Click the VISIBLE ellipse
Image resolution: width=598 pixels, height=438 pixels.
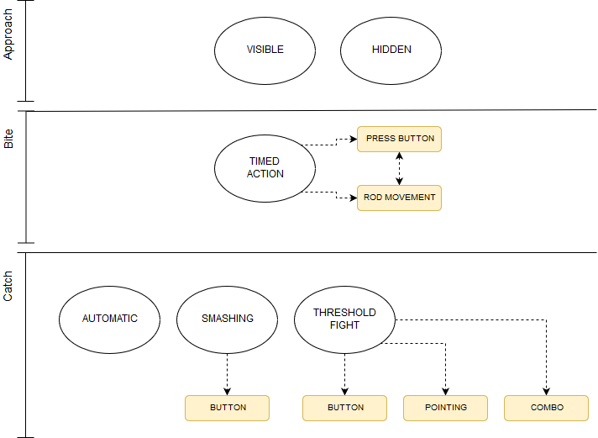[265, 50]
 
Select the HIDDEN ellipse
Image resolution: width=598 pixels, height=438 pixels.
[391, 50]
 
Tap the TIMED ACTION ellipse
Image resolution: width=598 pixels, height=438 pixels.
[265, 167]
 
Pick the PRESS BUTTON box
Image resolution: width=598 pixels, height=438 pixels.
[399, 139]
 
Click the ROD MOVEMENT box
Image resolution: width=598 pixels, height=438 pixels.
[399, 198]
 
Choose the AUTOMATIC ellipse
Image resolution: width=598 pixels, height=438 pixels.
[109, 319]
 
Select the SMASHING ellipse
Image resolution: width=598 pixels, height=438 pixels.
[227, 319]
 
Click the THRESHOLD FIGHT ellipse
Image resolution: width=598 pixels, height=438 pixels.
[344, 319]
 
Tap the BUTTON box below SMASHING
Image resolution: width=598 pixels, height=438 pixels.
[227, 408]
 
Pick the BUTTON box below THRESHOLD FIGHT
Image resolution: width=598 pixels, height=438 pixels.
[344, 408]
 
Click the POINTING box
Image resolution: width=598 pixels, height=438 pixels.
[445, 408]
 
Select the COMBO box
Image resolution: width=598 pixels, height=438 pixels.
[546, 408]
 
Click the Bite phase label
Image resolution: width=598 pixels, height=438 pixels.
[9, 140]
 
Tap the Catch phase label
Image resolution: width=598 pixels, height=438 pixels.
[9, 286]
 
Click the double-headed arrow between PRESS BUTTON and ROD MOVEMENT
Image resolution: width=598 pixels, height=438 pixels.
[399, 168]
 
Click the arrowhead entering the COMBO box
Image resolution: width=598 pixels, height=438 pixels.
[546, 391]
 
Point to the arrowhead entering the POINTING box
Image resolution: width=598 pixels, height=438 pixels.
[445, 391]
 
